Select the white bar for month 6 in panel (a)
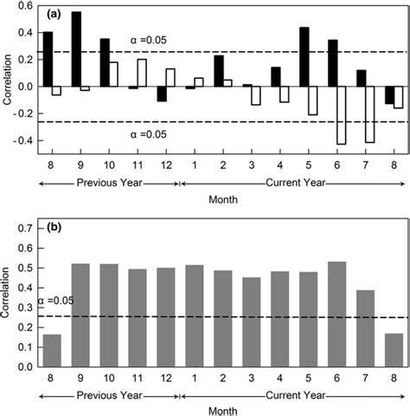click(x=342, y=114)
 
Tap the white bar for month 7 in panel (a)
click(x=369, y=114)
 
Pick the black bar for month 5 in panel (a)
click(x=304, y=57)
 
